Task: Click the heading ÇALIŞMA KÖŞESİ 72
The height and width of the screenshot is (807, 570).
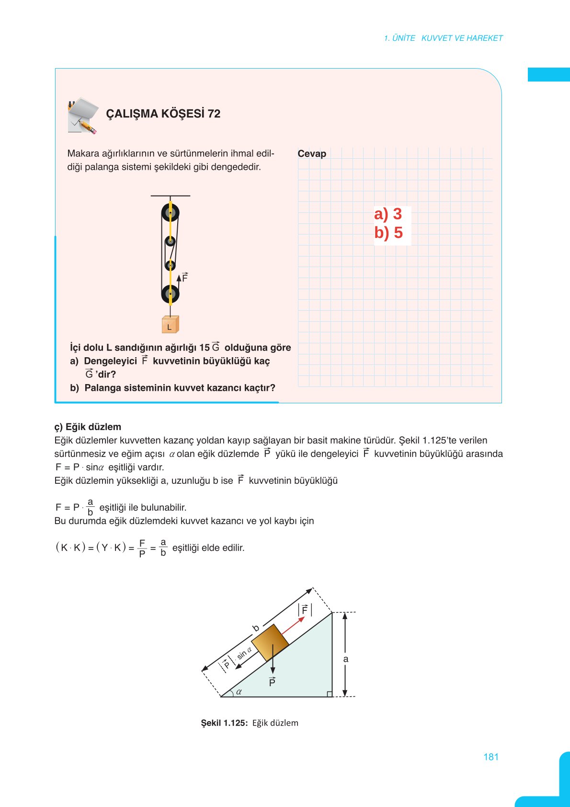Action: pyautogui.click(x=163, y=114)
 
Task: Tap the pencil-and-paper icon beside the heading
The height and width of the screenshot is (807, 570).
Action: pyautogui.click(x=83, y=116)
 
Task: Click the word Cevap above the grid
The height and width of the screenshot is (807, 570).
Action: pyautogui.click(x=312, y=153)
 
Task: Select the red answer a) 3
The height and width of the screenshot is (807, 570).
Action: pyautogui.click(x=388, y=214)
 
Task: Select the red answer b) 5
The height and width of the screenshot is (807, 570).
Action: pyautogui.click(x=388, y=233)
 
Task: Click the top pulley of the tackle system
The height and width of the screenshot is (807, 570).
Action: pyautogui.click(x=170, y=212)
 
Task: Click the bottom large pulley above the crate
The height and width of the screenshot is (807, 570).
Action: pyautogui.click(x=170, y=294)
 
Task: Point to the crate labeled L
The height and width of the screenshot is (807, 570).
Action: pyautogui.click(x=170, y=325)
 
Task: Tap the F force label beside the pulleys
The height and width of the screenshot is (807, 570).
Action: pyautogui.click(x=185, y=278)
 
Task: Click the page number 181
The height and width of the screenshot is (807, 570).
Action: pyautogui.click(x=491, y=757)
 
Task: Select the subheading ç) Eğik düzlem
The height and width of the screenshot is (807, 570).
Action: pyautogui.click(x=88, y=427)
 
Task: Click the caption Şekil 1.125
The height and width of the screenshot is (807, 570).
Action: pyautogui.click(x=224, y=723)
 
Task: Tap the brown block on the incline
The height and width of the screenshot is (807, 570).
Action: pyautogui.click(x=270, y=643)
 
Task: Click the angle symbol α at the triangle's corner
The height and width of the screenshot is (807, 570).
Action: pyautogui.click(x=239, y=691)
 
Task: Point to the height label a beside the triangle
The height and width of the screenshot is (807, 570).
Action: pyautogui.click(x=346, y=659)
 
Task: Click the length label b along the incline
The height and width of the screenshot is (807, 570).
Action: pyautogui.click(x=256, y=628)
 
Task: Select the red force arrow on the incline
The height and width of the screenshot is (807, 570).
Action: pyautogui.click(x=293, y=626)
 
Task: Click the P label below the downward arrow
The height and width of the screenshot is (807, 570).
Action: pyautogui.click(x=272, y=682)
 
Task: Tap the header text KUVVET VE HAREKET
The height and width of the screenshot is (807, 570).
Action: pyautogui.click(x=462, y=38)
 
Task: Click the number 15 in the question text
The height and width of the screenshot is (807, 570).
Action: pyautogui.click(x=205, y=348)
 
